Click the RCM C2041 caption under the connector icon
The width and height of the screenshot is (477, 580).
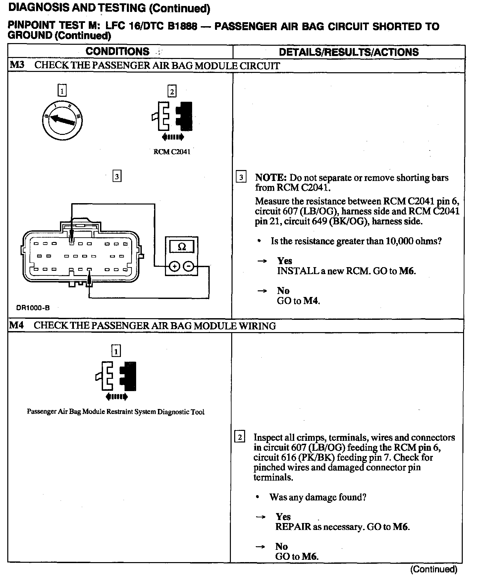click(x=172, y=152)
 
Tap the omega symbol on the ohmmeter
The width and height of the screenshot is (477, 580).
click(x=182, y=247)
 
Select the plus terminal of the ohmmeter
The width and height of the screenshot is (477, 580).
click(x=175, y=266)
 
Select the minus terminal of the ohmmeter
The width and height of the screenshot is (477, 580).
click(x=188, y=266)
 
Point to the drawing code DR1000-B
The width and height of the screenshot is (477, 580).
click(x=33, y=308)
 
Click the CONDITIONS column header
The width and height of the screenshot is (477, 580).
click(x=117, y=51)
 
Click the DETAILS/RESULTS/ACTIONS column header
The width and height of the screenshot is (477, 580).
click(x=348, y=52)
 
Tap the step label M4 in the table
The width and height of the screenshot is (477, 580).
click(x=17, y=325)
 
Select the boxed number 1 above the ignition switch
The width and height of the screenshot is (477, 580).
click(x=62, y=90)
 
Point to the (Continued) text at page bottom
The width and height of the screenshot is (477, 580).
click(x=434, y=569)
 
